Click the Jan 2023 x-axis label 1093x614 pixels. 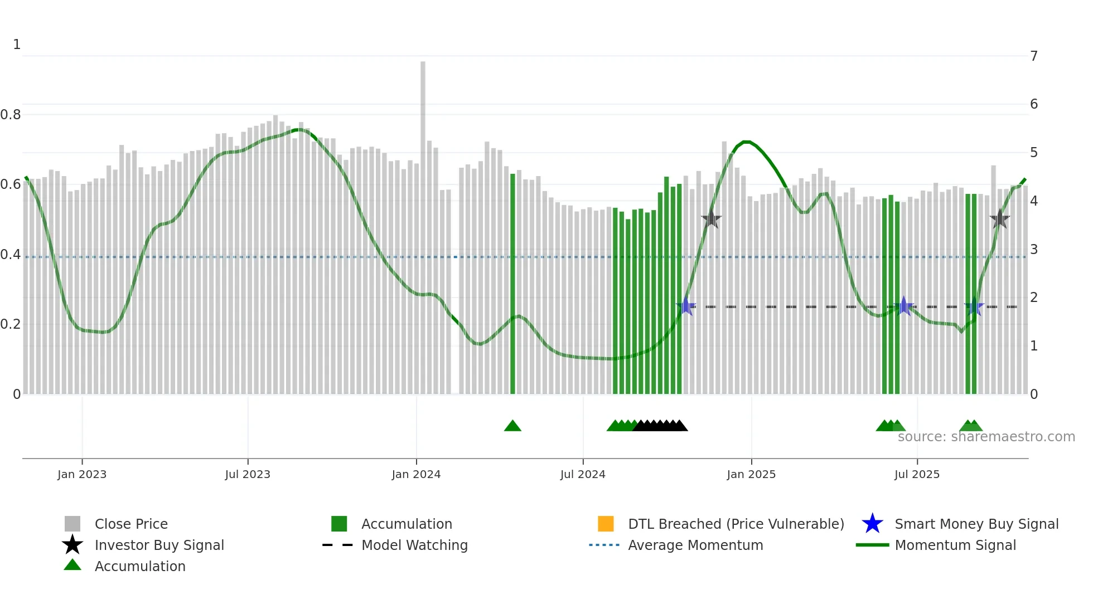click(x=82, y=474)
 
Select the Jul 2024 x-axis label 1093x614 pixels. click(x=583, y=474)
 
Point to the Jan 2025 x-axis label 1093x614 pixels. click(x=751, y=474)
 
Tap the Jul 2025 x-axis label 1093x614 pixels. click(x=917, y=474)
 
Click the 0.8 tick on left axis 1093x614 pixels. click(x=11, y=115)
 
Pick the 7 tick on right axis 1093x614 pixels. click(x=1034, y=56)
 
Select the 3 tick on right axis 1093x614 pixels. click(x=1034, y=250)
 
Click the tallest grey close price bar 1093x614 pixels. click(x=423, y=223)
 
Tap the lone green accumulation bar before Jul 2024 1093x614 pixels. click(x=512, y=284)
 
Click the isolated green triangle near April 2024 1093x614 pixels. click(x=512, y=426)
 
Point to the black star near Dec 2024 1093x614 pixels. click(x=711, y=219)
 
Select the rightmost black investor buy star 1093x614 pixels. click(x=1000, y=219)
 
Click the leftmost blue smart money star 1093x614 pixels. click(x=686, y=306)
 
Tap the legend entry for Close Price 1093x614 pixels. click(x=131, y=524)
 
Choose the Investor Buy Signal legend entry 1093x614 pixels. click(x=159, y=545)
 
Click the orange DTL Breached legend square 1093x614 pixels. click(x=606, y=524)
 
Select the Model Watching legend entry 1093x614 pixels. click(x=414, y=545)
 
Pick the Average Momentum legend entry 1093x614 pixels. click(x=695, y=545)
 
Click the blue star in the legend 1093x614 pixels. click(x=872, y=524)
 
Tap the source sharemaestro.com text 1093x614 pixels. click(x=986, y=437)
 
